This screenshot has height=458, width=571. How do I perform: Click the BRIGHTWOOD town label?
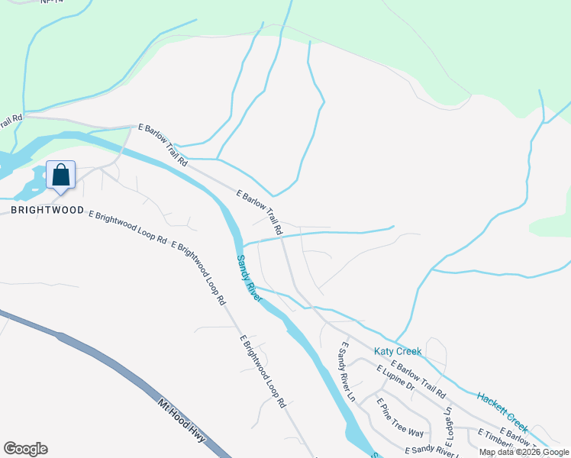47,209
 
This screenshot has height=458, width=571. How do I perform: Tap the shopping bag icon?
61,175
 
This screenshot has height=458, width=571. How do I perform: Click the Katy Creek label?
398,351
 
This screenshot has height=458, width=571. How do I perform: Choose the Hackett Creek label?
502,409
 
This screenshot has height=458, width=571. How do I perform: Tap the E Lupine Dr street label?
395,378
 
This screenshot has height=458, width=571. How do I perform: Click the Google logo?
25,449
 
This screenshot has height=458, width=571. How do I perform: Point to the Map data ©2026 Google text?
523,452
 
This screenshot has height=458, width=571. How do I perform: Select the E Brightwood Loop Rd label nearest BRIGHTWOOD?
127,227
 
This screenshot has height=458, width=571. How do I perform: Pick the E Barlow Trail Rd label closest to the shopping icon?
163,145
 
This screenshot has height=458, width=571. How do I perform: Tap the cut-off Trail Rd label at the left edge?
11,118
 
